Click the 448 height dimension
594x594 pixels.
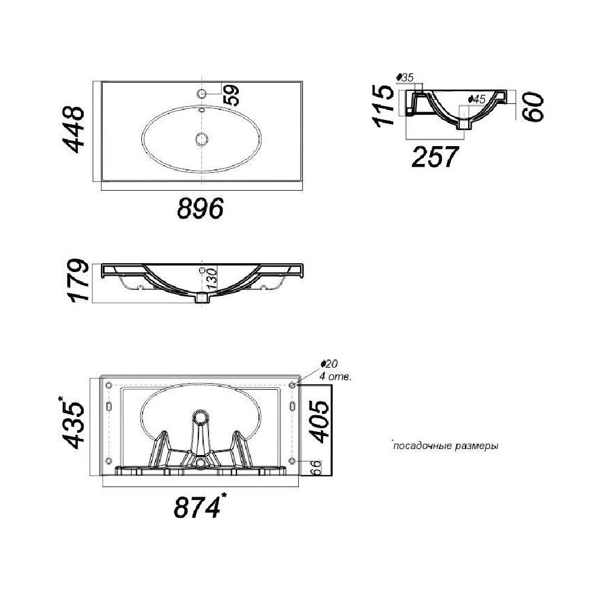(73, 129)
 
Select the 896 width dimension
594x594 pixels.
(200, 208)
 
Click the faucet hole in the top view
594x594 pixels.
(202, 93)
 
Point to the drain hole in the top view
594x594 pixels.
(201, 139)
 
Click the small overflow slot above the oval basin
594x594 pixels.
(201, 110)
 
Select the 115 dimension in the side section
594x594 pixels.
(383, 106)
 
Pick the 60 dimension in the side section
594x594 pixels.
(533, 107)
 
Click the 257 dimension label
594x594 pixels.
(435, 157)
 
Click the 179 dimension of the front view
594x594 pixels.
(79, 281)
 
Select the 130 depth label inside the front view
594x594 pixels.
(213, 279)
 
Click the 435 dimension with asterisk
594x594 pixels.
(72, 422)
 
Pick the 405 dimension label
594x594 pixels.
(320, 421)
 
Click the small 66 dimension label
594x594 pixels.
(315, 468)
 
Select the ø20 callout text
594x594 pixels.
(329, 364)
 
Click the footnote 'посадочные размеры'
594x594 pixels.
(445, 446)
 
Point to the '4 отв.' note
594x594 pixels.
(336, 377)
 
